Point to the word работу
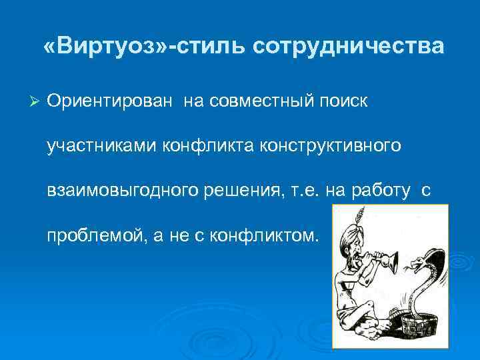pyautogui.click(x=379, y=191)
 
